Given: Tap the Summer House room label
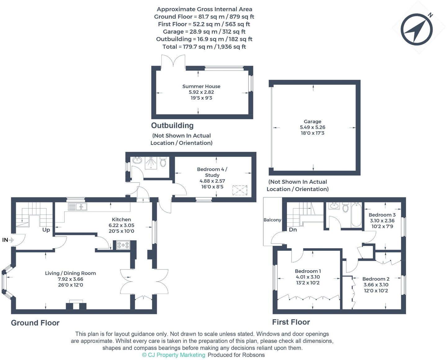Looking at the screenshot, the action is (201, 86).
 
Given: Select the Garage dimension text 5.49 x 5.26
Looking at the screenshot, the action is (312, 127).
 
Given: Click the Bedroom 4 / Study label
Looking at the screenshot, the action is (212, 172).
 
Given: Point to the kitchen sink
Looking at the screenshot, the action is (78, 207).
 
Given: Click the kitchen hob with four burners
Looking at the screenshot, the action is (123, 245).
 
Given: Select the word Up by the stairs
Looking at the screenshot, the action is (46, 230).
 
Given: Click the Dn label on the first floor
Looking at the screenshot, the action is (293, 230).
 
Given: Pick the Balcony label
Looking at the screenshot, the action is (272, 220).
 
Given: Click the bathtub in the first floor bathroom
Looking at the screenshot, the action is (356, 214).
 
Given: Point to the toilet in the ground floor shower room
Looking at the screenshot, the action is (163, 161).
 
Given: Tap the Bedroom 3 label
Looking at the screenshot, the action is (382, 215).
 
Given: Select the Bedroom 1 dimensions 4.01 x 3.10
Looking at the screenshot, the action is (308, 277).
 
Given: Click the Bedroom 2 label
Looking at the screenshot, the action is (376, 279).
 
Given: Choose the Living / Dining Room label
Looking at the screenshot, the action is (70, 273).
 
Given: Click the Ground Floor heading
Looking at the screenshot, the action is (35, 323).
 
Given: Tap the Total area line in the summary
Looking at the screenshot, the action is (204, 47).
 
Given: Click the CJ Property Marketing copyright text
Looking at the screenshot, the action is (173, 355).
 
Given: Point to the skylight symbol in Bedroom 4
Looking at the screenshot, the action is (240, 190).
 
